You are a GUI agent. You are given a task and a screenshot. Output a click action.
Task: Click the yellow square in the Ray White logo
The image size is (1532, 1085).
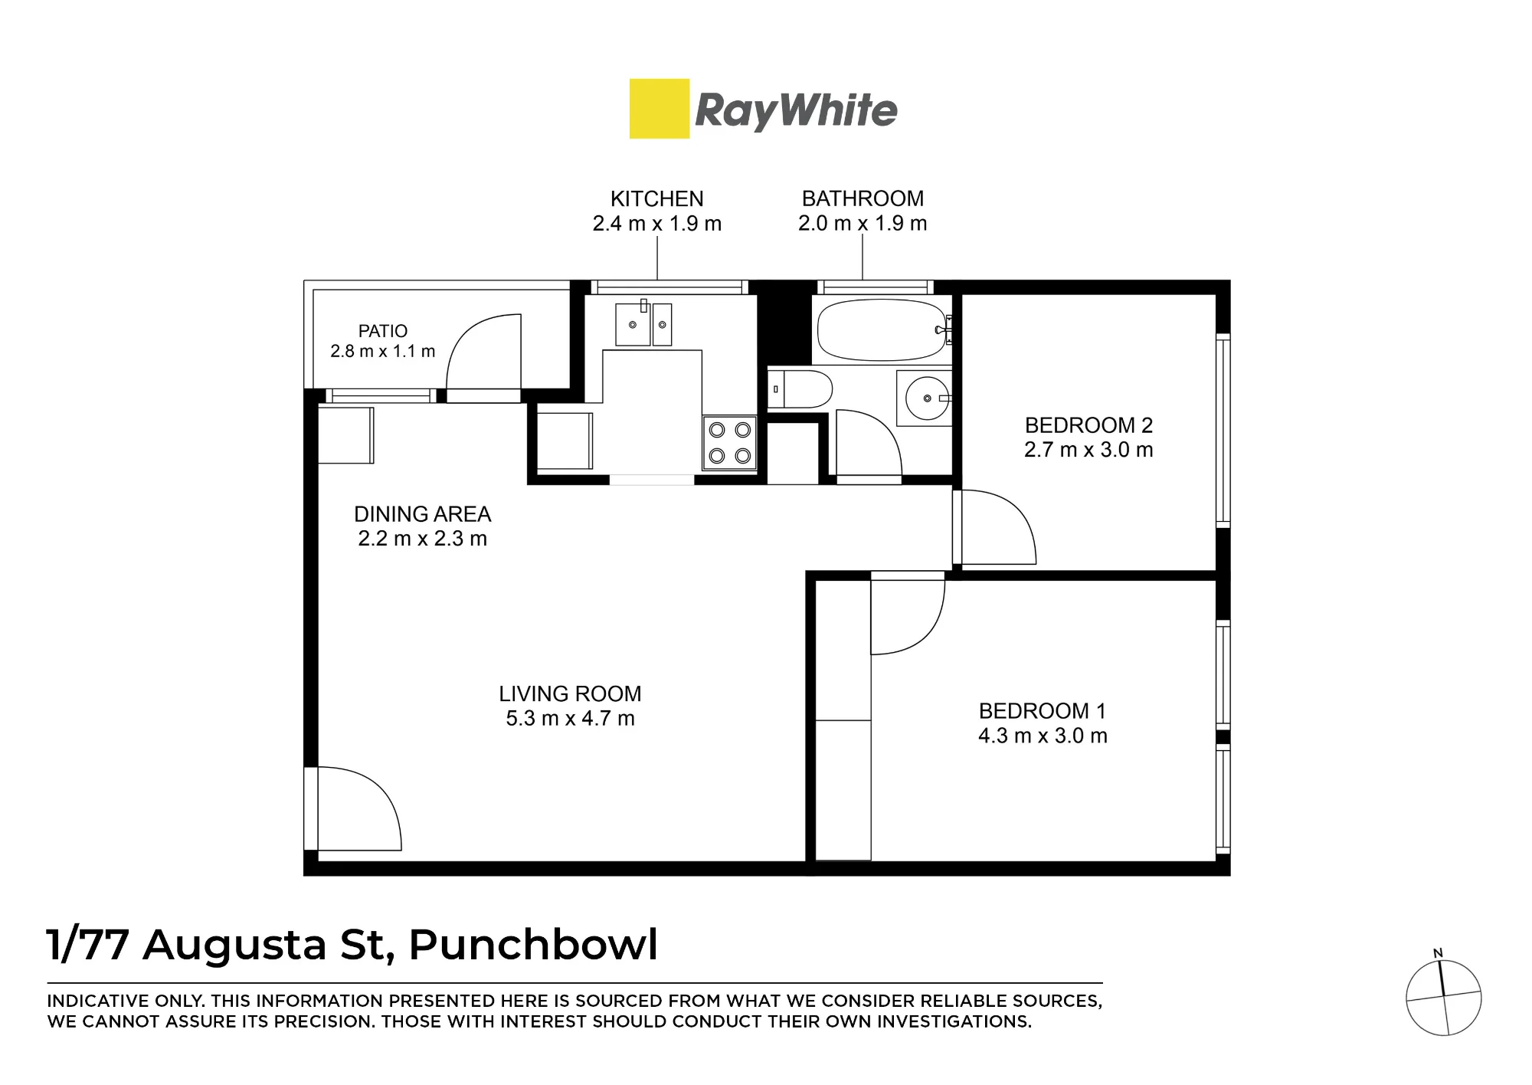pyautogui.click(x=660, y=109)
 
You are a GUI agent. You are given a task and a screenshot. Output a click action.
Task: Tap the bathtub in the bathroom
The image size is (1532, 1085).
pyautogui.click(x=882, y=330)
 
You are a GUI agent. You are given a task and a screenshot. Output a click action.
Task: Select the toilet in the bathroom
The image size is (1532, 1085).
pyautogui.click(x=800, y=389)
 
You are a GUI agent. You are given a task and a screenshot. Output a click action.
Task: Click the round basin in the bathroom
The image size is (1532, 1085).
pyautogui.click(x=927, y=398)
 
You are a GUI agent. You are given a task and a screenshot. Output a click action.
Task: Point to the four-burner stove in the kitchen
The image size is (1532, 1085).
pyautogui.click(x=730, y=444)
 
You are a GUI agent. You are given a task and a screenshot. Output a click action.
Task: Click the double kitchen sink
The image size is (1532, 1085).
pyautogui.click(x=643, y=324)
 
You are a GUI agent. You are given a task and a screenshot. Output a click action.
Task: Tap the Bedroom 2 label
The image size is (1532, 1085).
pyautogui.click(x=1088, y=425)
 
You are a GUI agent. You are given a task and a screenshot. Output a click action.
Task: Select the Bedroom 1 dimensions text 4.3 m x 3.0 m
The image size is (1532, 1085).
pyautogui.click(x=1043, y=736)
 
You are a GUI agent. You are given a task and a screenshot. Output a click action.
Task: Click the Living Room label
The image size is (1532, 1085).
pyautogui.click(x=570, y=693)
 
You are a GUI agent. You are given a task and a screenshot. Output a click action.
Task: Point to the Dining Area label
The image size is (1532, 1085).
pyautogui.click(x=422, y=513)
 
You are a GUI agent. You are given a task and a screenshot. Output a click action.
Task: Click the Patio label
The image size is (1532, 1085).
pyautogui.click(x=383, y=331)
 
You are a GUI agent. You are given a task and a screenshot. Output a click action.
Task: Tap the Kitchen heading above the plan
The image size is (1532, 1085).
pyautogui.click(x=656, y=198)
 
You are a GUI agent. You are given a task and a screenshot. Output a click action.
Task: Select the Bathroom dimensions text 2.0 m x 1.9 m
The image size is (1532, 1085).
pyautogui.click(x=863, y=223)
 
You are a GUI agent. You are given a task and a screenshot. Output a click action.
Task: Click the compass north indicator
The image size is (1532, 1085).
pyautogui.click(x=1438, y=954)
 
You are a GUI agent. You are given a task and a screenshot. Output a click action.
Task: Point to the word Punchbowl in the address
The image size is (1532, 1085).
pyautogui.click(x=533, y=944)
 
